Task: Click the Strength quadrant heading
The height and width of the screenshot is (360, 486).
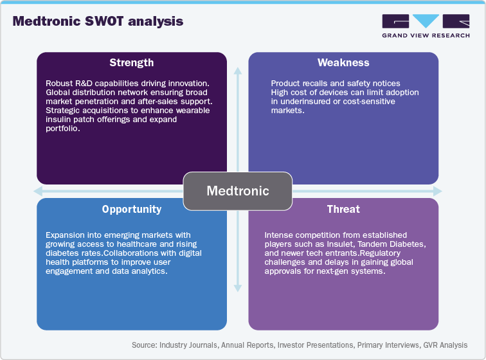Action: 131,62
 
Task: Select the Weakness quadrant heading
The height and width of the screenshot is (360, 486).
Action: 343,62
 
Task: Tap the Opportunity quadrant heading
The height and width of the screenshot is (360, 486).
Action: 131,209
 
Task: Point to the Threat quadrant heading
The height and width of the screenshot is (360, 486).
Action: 343,209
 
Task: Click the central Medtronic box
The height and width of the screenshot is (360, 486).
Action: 238,191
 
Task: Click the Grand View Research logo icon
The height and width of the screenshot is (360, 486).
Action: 425,22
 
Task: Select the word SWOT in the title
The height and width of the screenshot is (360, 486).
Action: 102,21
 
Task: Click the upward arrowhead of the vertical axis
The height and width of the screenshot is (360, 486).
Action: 238,69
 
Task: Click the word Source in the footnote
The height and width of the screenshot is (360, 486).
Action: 146,345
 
